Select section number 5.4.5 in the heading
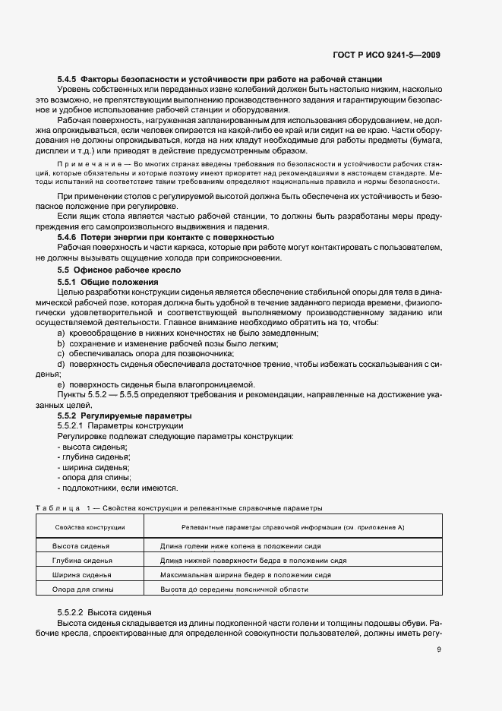click(67, 79)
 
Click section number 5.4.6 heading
click(67, 238)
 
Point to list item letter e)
click(61, 384)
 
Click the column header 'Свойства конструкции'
click(90, 526)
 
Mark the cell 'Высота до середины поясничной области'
click(234, 589)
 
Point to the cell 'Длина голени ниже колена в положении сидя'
click(241, 547)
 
